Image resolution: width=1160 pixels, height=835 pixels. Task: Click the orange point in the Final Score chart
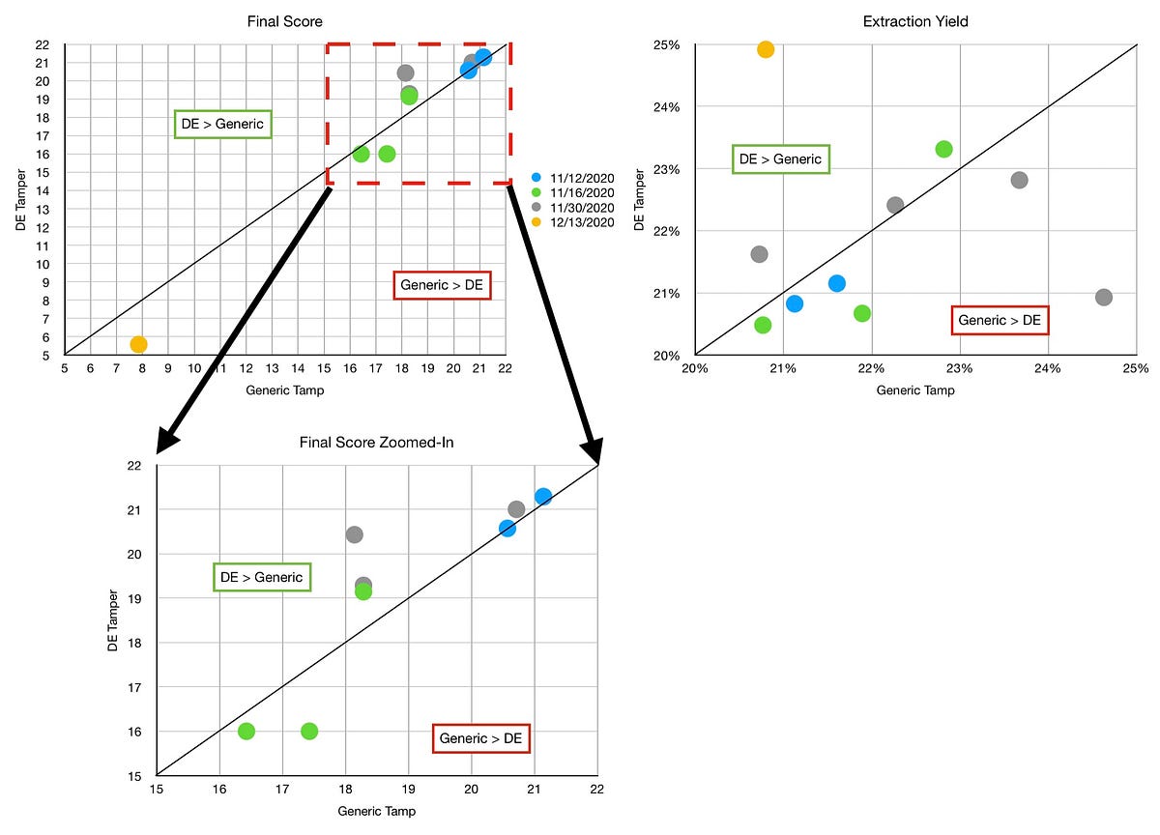(138, 344)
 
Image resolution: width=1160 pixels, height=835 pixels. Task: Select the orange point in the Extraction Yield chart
(766, 49)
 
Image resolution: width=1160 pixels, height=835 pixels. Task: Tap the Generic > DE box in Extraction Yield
(1000, 320)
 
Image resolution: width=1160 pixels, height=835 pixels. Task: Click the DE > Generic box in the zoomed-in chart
(261, 578)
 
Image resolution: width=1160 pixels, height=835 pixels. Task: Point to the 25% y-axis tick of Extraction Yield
(668, 44)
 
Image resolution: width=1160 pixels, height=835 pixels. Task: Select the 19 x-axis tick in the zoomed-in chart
(408, 790)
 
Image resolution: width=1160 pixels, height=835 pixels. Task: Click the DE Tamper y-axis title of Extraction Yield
(638, 200)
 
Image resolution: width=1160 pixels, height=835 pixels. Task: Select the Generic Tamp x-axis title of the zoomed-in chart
(377, 811)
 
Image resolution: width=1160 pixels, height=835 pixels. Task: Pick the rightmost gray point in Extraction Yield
(1103, 297)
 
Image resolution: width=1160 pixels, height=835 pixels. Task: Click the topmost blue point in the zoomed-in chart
(543, 496)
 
